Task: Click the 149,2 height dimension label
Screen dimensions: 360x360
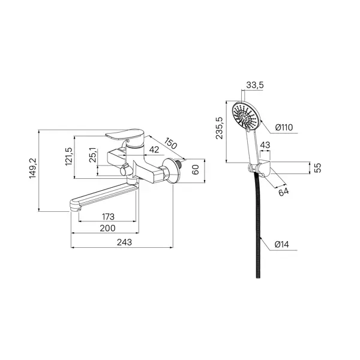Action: pyautogui.click(x=33, y=168)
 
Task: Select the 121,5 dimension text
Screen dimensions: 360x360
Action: pyautogui.click(x=69, y=157)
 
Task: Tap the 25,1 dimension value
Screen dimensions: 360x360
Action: pyautogui.click(x=93, y=155)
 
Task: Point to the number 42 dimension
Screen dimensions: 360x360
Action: pyautogui.click(x=154, y=149)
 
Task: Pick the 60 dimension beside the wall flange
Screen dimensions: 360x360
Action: pyautogui.click(x=196, y=170)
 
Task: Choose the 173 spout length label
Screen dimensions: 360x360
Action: pyautogui.click(x=108, y=217)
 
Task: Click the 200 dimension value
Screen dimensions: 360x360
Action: pyautogui.click(x=107, y=228)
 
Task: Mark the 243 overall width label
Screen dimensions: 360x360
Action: pyautogui.click(x=124, y=242)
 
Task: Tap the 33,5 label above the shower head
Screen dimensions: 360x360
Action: pyautogui.click(x=255, y=85)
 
